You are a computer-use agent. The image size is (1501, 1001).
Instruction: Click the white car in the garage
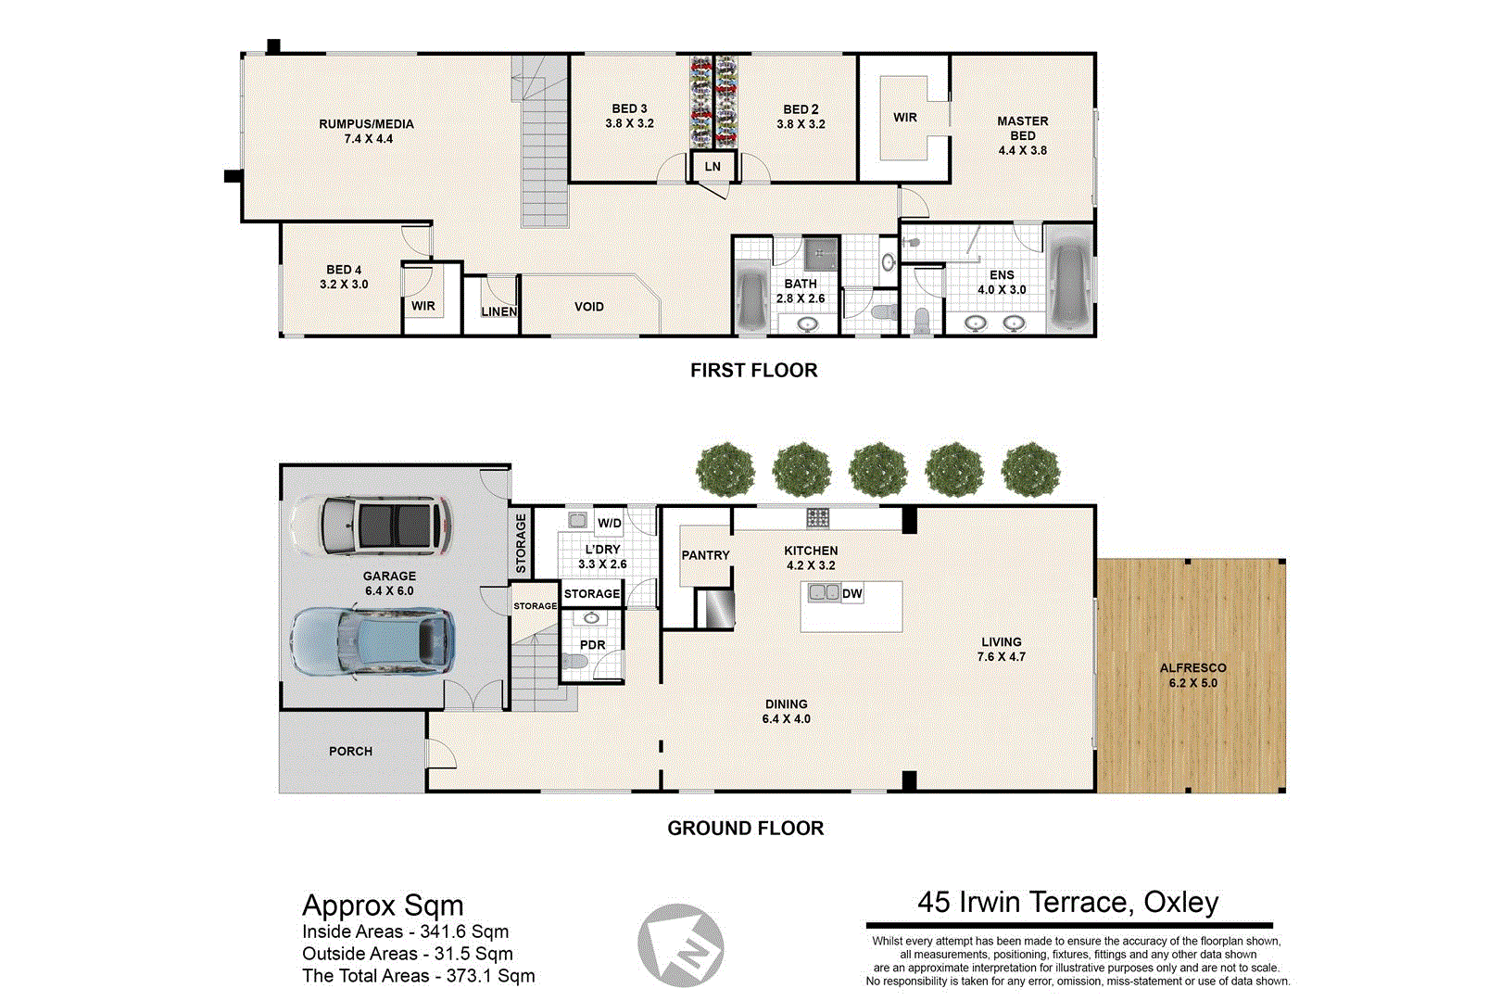point(371,526)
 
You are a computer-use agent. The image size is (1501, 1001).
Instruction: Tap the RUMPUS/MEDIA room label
point(366,124)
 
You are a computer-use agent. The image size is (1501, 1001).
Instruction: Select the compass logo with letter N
point(681,945)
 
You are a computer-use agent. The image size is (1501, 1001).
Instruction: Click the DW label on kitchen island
point(851,593)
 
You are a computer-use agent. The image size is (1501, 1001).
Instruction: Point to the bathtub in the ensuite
point(1070,278)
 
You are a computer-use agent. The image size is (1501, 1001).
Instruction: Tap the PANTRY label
point(705,555)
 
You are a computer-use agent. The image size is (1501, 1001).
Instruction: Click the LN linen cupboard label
point(713,167)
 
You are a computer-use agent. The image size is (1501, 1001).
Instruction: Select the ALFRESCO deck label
point(1192,668)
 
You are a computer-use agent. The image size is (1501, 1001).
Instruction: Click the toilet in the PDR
point(574,662)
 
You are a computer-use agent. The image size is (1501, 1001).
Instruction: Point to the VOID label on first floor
point(588,307)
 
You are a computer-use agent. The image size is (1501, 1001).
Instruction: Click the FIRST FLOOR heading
point(753,371)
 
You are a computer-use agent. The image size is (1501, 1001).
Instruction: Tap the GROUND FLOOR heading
point(745,829)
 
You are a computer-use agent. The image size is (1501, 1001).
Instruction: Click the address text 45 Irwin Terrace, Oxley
point(1067,902)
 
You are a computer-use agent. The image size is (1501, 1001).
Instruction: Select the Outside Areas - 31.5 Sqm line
point(407,954)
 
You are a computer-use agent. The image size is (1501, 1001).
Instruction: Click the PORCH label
point(350,752)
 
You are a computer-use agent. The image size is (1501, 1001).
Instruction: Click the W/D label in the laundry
point(609,523)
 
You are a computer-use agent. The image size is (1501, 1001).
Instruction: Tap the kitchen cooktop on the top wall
point(817,517)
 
